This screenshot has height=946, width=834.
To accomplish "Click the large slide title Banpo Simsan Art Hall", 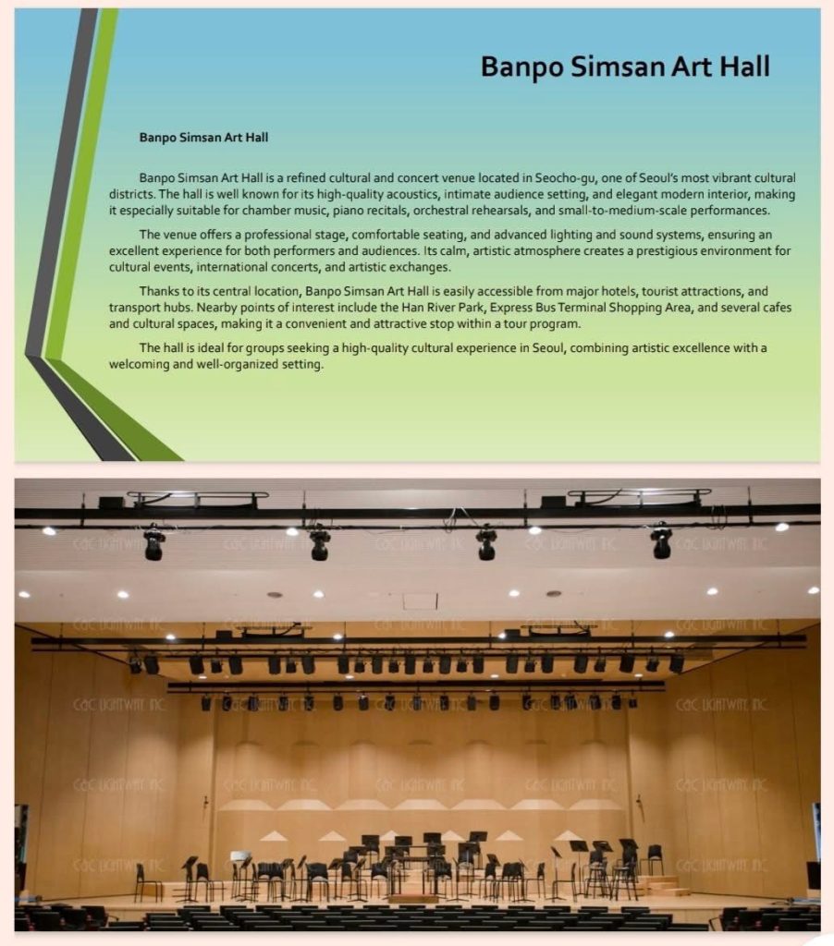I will [x=625, y=67].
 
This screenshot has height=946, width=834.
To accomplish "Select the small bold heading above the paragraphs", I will [x=203, y=137].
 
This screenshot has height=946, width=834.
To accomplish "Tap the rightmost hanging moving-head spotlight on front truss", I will [x=661, y=541].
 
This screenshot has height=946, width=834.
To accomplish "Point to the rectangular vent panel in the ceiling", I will [x=420, y=600].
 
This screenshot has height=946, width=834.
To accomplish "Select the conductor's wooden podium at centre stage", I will [x=412, y=897].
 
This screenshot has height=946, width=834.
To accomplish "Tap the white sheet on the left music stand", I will [x=240, y=855].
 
